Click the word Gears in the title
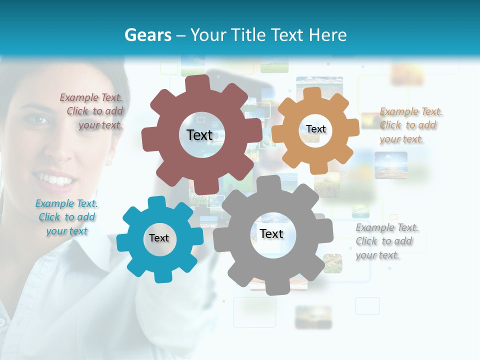point(147,35)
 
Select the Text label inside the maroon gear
point(199,135)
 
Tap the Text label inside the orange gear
point(315,129)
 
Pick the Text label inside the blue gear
point(159,238)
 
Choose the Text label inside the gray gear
point(271,233)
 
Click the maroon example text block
point(92,111)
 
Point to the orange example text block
point(410,125)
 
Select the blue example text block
point(66,217)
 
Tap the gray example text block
point(386,241)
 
